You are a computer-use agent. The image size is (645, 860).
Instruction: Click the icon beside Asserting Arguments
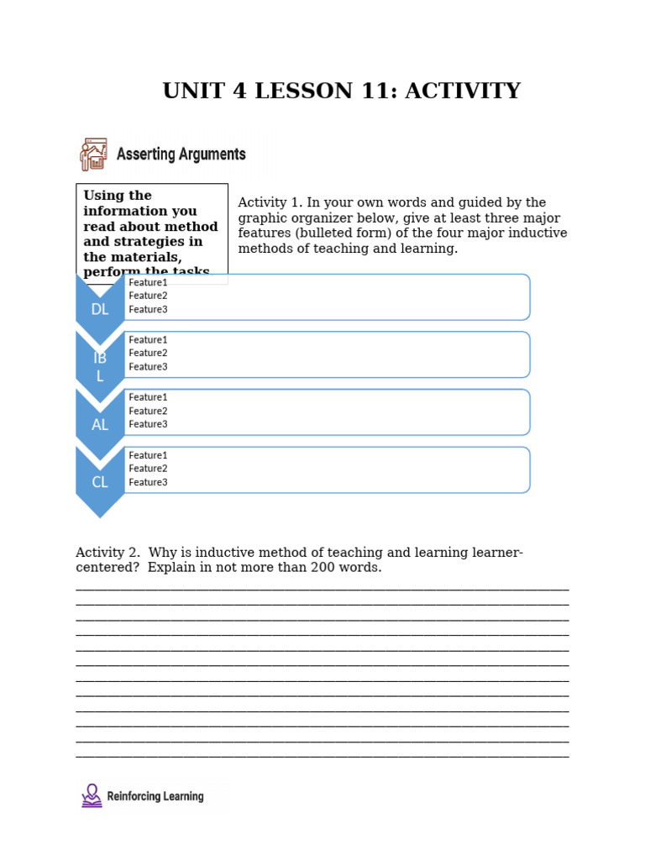[93, 155]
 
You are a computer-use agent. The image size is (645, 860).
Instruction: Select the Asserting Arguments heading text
[181, 155]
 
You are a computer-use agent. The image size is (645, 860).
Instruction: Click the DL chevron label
[100, 309]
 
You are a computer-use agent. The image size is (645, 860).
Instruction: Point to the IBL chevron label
[100, 367]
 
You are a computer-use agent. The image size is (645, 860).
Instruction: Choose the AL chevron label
[100, 425]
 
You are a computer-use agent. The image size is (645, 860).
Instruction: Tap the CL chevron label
[100, 482]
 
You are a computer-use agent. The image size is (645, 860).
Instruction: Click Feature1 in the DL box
[148, 283]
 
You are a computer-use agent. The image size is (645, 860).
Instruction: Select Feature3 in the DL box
[148, 310]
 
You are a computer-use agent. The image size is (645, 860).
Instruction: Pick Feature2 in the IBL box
[148, 354]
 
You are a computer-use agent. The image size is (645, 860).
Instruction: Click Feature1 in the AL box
[148, 397]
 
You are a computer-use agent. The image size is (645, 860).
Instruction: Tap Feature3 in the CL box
[148, 482]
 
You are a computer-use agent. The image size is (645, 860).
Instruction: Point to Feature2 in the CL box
[148, 469]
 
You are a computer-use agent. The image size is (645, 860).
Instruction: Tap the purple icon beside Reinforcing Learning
[92, 795]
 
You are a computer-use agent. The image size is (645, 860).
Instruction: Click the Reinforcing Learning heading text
[155, 796]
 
